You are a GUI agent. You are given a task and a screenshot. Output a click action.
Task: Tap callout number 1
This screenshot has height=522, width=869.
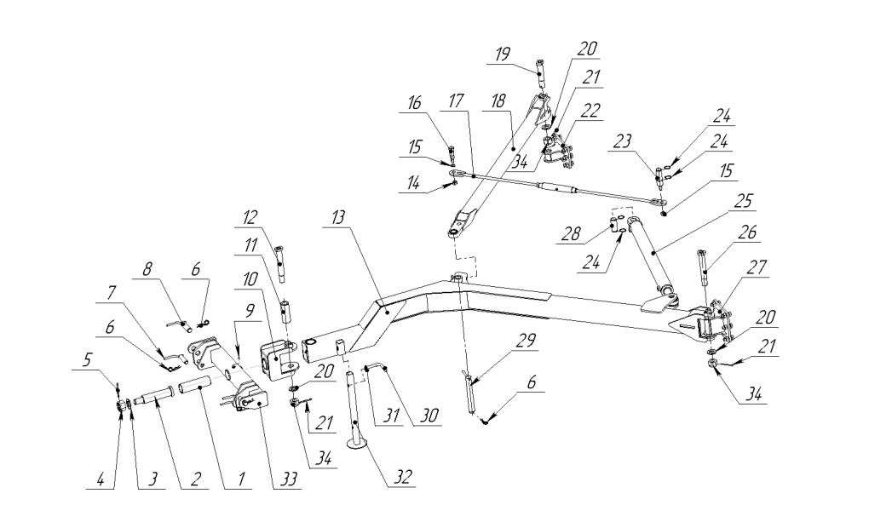240,479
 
